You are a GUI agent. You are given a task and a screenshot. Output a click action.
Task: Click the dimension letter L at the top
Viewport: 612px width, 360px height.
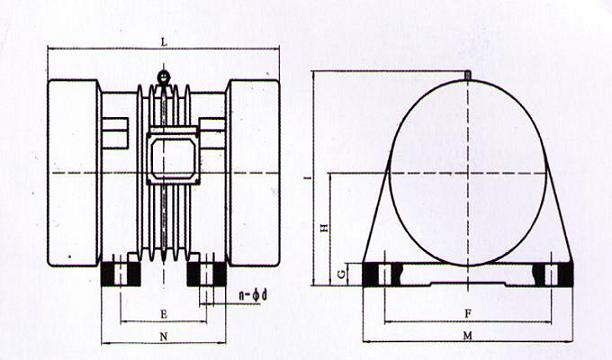(163, 41)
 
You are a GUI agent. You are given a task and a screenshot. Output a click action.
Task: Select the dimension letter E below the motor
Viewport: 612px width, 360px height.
(163, 315)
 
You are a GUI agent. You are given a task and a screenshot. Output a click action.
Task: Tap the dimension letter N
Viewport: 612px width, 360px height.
(163, 337)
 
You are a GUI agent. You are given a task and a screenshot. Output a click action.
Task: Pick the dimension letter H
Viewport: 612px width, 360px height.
(323, 229)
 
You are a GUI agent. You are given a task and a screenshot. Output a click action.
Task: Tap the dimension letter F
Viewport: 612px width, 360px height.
(467, 313)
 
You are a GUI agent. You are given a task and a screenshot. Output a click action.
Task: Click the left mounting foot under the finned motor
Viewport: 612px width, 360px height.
(121, 271)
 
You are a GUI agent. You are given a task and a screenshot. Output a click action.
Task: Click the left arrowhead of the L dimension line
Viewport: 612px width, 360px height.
(51, 49)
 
